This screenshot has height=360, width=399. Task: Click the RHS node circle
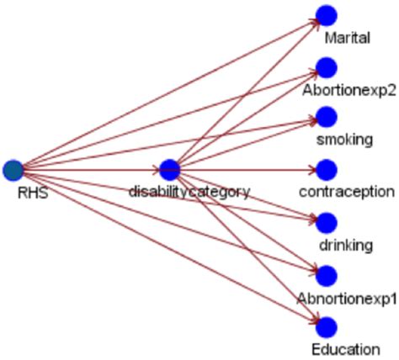(x=13, y=170)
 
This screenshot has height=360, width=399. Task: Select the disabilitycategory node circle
(x=169, y=170)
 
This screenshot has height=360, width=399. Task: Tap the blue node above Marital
(x=326, y=16)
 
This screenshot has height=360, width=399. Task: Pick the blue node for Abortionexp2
(x=326, y=67)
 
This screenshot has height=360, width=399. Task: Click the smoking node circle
(x=326, y=118)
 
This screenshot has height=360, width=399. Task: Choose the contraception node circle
(x=326, y=170)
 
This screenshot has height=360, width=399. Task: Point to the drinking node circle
(x=326, y=222)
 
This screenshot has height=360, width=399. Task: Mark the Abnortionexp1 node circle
(x=326, y=274)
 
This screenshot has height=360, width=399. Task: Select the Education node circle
(x=326, y=326)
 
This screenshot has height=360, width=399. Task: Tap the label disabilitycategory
(x=189, y=192)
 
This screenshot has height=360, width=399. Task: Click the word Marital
(x=347, y=38)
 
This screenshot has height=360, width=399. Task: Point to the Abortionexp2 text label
(x=344, y=89)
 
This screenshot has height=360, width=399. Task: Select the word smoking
(x=344, y=140)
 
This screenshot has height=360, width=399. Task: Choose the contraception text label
(x=346, y=192)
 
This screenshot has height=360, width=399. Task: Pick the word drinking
(x=345, y=244)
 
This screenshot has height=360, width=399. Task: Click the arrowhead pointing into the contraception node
(x=312, y=170)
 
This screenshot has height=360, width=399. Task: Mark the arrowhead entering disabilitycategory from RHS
(x=156, y=170)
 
